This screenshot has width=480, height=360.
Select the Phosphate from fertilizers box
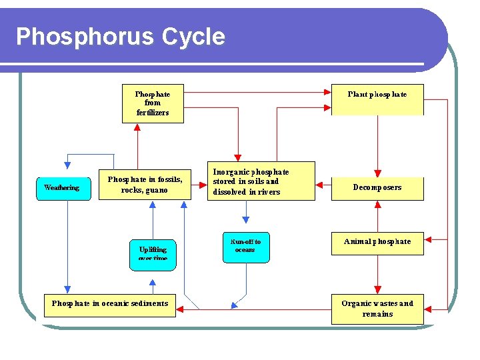tap(153, 103)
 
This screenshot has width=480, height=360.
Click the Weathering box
tap(61, 187)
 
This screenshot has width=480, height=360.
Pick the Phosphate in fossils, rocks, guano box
tap(145, 184)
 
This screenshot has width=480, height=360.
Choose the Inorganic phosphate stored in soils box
tap(261, 181)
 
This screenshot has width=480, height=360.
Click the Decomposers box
tap(377, 187)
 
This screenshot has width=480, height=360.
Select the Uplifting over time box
tap(153, 255)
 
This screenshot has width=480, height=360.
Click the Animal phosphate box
tap(377, 242)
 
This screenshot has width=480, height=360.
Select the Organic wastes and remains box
tap(377, 309)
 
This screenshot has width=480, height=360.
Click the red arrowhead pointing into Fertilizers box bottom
tap(137, 127)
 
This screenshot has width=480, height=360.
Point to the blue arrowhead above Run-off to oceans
tap(246, 219)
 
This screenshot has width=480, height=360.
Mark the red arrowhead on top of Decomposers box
tap(377, 173)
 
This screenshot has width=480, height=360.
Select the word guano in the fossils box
tap(157, 190)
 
